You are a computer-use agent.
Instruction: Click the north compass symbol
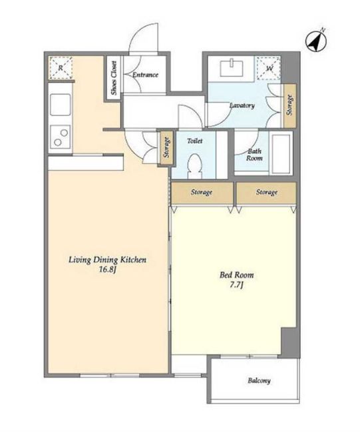point(316,41)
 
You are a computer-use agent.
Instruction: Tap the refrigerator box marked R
point(61,68)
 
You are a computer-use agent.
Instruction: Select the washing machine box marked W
point(269,68)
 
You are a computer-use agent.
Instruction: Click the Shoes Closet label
point(114,78)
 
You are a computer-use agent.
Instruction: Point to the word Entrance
point(145,75)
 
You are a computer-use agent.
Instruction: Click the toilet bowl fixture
point(194,167)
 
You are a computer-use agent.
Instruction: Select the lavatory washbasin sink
point(232,68)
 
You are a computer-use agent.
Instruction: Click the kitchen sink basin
point(61,105)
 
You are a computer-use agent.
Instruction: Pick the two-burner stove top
point(61,137)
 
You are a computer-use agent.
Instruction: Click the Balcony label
point(259,381)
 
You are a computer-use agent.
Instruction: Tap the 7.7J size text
point(236,284)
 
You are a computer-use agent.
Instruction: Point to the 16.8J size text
point(107,269)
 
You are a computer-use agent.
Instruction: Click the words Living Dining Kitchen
point(107,260)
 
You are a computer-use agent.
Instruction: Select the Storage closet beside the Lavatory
point(289,105)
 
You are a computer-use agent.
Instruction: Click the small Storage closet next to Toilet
point(166,149)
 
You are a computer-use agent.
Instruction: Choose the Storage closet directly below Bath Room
point(266,193)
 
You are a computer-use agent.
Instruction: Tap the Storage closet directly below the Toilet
point(202,193)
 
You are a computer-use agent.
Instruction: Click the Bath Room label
point(254,155)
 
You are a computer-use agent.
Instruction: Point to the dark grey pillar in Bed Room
point(289,342)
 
